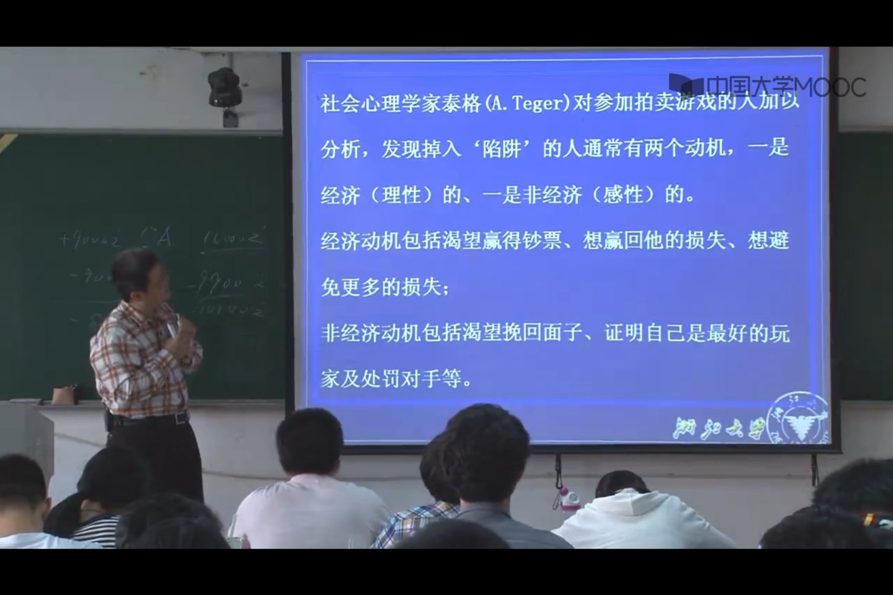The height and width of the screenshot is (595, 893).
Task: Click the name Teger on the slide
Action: tap(537, 103)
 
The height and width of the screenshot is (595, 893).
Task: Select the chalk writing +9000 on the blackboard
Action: tap(90, 239)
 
